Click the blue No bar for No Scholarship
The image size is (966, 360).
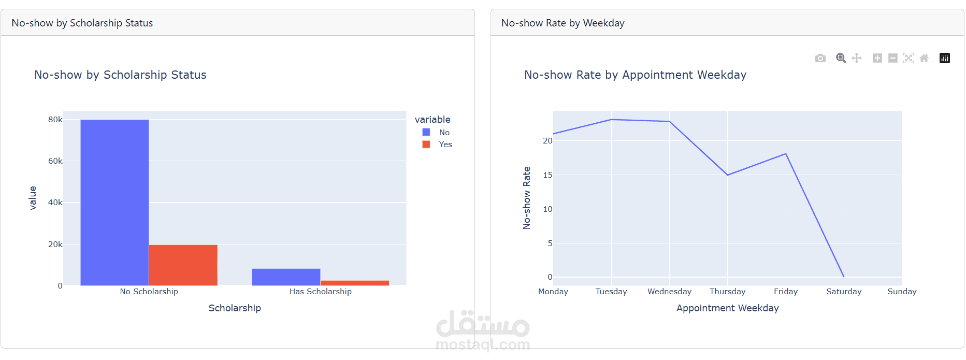[x=114, y=203]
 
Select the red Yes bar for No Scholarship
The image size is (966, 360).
[x=183, y=265]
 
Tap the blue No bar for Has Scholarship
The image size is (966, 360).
[x=286, y=277]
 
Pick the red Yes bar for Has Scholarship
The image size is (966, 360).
[x=354, y=283]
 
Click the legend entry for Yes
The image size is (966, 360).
[x=438, y=145]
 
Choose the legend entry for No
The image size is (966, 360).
[x=437, y=133]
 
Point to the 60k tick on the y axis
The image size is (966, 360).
[x=55, y=161]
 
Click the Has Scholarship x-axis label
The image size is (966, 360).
[x=320, y=292]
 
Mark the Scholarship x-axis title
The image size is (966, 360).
[x=235, y=308]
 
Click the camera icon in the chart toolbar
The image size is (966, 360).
[x=820, y=58]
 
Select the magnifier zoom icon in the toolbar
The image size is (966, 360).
[x=841, y=58]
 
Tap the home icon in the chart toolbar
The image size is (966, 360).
[x=924, y=58]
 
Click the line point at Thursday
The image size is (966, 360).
[x=727, y=175]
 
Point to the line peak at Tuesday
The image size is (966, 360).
[x=611, y=120]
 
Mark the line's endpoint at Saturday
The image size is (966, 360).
[x=844, y=277]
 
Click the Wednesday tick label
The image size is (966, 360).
[x=669, y=292]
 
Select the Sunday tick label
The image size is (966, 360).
[x=902, y=292]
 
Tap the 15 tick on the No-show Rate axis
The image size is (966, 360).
[x=547, y=175]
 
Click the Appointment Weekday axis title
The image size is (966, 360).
[x=727, y=308]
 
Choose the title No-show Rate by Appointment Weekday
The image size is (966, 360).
[x=635, y=75]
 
